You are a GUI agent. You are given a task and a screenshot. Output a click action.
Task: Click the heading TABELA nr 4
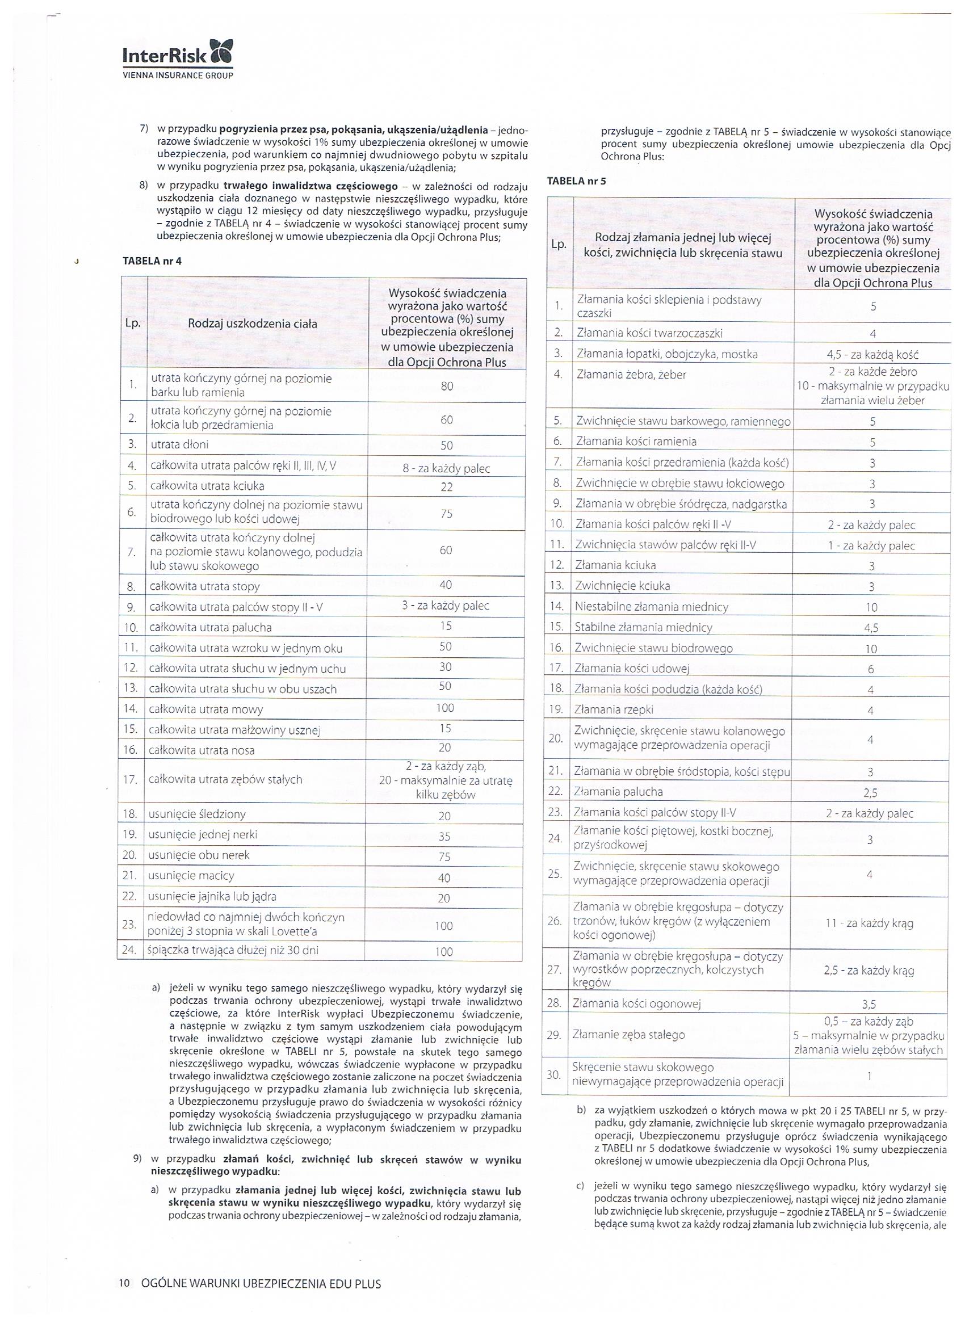152,261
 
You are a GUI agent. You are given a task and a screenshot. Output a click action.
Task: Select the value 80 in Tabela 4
447,386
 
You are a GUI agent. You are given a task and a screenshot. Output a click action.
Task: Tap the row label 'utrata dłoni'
179,444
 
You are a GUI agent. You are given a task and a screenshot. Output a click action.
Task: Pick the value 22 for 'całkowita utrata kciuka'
447,487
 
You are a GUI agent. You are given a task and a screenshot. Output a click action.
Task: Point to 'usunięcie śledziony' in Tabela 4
197,814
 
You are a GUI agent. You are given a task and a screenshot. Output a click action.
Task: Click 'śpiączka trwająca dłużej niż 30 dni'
233,950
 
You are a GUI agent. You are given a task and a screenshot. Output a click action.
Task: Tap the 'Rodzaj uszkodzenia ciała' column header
252,324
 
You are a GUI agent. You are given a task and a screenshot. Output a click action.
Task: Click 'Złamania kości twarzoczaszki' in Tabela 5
649,333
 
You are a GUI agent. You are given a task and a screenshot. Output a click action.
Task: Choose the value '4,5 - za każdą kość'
872,355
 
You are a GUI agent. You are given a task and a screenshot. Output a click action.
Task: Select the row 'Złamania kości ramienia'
636,441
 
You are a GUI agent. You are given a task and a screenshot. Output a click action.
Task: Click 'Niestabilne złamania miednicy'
651,607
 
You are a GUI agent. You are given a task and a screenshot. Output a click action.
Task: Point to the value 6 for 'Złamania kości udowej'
871,669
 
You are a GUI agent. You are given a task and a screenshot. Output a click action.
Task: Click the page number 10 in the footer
124,1284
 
